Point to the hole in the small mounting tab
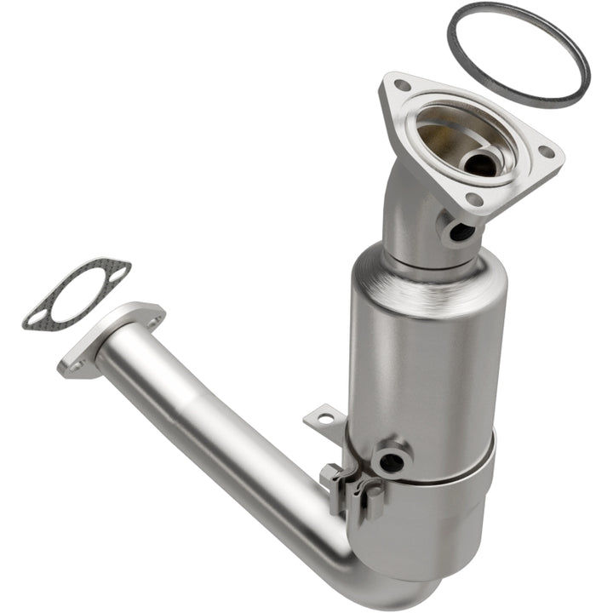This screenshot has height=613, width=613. point(324,418)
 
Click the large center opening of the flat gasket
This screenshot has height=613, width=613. point(76,295)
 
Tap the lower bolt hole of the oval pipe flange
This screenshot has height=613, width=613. point(75,366)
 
